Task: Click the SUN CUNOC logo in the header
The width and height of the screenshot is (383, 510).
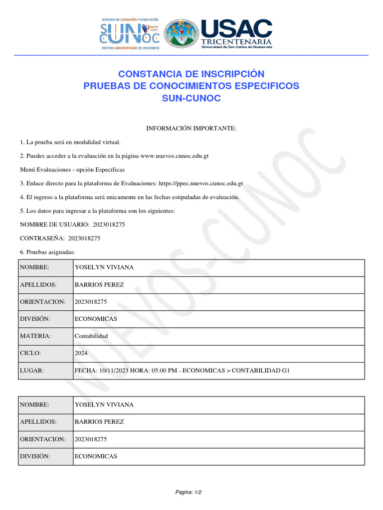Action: click(x=130, y=34)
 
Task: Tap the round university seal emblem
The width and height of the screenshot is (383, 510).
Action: click(x=182, y=34)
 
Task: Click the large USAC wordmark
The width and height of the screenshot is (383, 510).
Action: click(x=236, y=29)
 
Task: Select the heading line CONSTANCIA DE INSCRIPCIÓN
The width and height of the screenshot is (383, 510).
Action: click(x=191, y=74)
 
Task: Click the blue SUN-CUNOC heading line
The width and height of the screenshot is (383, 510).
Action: click(x=191, y=98)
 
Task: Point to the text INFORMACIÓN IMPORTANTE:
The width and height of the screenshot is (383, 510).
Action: click(x=191, y=128)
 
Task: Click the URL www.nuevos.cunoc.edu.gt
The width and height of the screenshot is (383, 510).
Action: click(x=175, y=156)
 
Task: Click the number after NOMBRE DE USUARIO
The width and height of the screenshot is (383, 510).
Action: click(x=109, y=225)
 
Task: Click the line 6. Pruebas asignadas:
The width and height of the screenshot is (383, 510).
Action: click(x=47, y=252)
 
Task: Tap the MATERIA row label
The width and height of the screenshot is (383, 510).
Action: click(x=35, y=336)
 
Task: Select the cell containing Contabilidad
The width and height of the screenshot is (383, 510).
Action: click(x=91, y=336)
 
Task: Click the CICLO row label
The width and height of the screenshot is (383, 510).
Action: click(x=30, y=353)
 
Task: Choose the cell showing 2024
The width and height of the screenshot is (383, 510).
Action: click(x=81, y=353)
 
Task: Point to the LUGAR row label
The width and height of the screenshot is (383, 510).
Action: click(x=32, y=371)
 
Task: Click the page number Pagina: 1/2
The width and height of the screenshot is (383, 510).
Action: click(x=188, y=492)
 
